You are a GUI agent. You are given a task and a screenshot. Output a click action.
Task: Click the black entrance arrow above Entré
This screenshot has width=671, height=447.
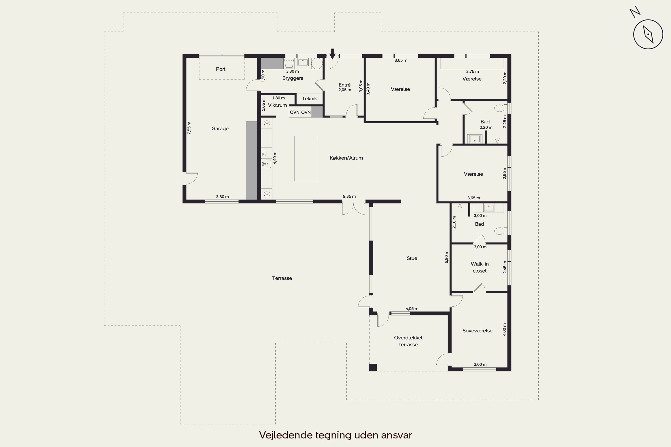click(332, 54)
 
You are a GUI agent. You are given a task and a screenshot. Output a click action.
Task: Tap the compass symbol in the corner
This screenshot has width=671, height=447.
click(648, 34)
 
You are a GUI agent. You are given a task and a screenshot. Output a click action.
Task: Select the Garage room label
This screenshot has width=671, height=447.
click(220, 129)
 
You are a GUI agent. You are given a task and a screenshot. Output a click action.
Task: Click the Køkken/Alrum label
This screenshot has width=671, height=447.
click(346, 158)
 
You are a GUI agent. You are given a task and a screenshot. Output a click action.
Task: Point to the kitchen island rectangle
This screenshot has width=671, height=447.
click(306, 158)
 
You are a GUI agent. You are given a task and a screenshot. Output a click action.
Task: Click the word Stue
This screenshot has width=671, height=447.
click(412, 258)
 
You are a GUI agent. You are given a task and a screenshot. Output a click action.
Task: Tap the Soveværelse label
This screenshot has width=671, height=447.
click(478, 331)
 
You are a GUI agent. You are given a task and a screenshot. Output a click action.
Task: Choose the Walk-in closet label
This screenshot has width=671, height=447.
click(480, 267)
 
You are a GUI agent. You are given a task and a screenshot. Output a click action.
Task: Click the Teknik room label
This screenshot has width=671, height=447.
click(309, 99)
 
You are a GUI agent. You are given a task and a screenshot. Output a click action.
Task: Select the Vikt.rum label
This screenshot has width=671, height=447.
click(277, 105)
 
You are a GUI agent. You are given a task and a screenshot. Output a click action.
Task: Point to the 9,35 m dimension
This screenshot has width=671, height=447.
click(349, 196)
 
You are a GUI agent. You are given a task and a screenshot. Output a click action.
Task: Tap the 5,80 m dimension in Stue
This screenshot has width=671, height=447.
click(446, 257)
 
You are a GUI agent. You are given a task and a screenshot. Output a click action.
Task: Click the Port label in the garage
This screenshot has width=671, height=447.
click(221, 69)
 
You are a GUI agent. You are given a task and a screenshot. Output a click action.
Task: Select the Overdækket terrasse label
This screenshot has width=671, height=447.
click(408, 341)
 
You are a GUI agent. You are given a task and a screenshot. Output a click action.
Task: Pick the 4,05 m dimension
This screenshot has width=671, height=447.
click(412, 309)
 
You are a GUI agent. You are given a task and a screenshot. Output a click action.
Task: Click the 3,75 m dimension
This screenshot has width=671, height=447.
click(472, 72)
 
